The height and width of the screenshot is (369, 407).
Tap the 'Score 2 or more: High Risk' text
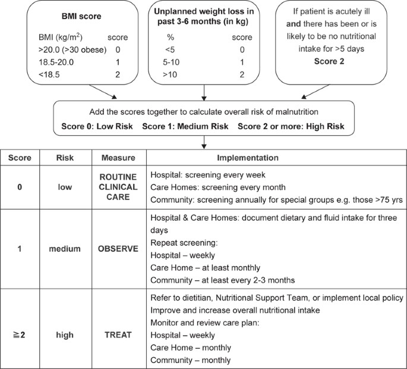tap(291, 126)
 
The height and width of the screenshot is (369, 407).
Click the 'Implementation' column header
tap(247, 158)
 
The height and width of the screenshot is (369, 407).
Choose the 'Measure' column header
tap(118, 158)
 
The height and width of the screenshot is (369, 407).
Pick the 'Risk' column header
tap(64, 158)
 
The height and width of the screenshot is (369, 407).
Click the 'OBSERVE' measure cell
tap(118, 249)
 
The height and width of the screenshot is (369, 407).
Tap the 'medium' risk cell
tap(64, 249)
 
